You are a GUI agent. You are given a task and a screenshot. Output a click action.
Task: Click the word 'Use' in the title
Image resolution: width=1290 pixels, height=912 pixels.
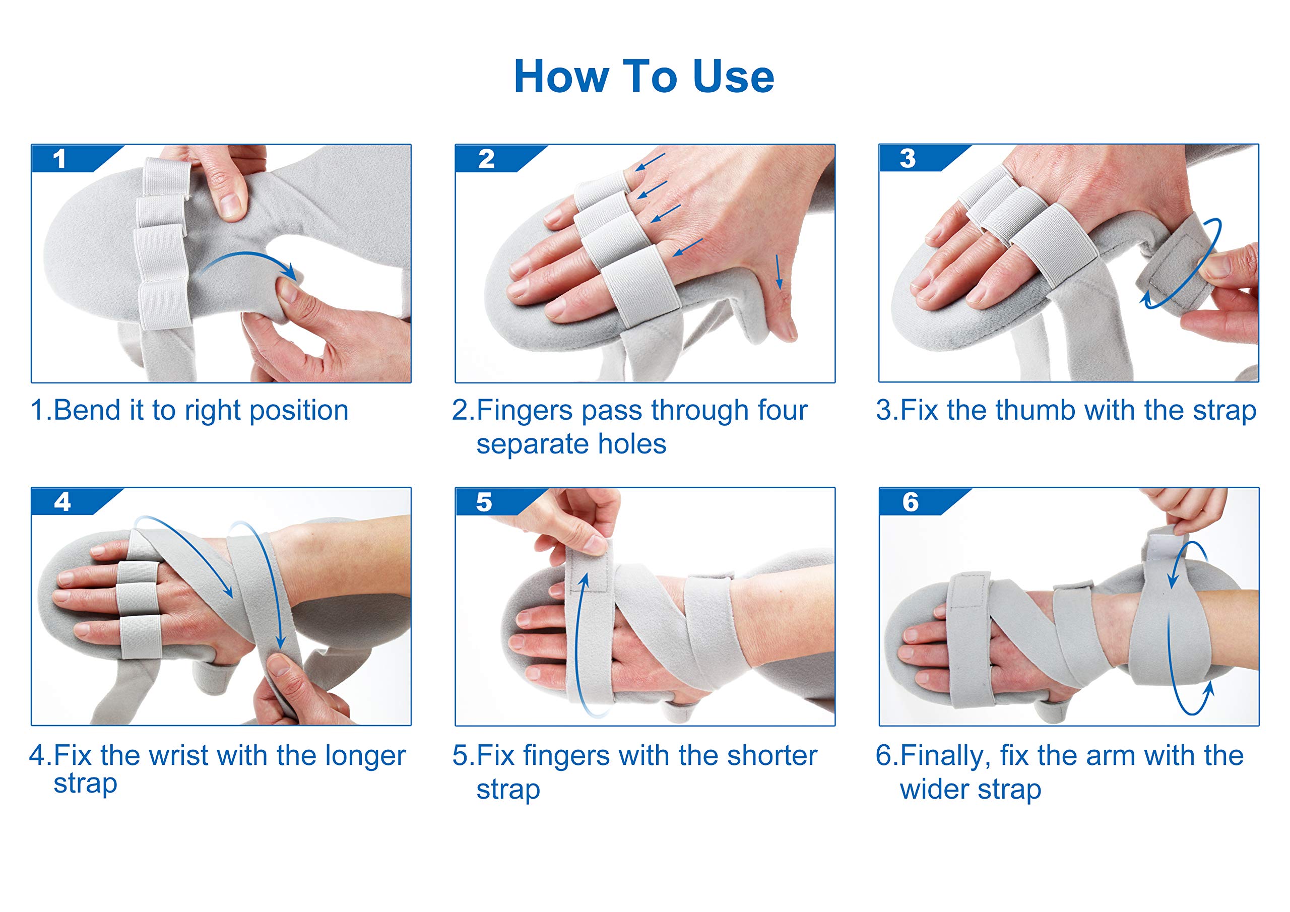point(733,77)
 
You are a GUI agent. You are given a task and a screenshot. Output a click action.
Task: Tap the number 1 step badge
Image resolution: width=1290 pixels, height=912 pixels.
point(59,159)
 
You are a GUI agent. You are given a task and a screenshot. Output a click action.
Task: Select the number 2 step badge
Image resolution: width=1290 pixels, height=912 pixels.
point(486,159)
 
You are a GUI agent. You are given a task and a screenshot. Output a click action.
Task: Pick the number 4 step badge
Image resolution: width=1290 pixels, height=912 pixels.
point(62,502)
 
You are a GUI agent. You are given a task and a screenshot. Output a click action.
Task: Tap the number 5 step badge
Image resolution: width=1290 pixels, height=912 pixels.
point(484,502)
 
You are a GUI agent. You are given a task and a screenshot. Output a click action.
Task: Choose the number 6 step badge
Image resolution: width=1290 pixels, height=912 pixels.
point(910,502)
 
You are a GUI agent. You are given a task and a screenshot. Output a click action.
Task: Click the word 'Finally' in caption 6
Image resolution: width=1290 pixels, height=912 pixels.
point(944,756)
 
